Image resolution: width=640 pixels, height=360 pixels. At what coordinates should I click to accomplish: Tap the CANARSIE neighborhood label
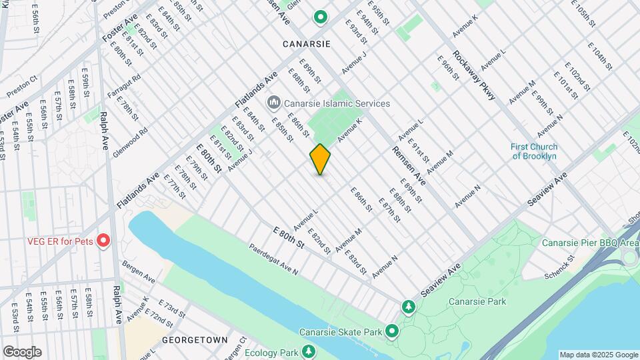(x=307, y=43)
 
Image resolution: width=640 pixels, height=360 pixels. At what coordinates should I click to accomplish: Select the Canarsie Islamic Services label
(x=337, y=103)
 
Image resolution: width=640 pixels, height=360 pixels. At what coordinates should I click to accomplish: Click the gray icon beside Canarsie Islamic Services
(x=273, y=103)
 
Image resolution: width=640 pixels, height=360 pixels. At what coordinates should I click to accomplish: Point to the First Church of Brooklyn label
(x=533, y=151)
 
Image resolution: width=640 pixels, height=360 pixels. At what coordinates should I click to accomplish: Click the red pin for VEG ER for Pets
(x=103, y=240)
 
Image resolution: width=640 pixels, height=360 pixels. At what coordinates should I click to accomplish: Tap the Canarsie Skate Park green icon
(x=391, y=331)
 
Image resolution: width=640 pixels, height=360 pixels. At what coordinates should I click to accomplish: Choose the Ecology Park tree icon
(x=308, y=351)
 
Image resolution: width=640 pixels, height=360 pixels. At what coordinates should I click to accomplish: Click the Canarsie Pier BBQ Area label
(x=590, y=243)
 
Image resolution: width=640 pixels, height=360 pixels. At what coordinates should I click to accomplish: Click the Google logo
(x=22, y=351)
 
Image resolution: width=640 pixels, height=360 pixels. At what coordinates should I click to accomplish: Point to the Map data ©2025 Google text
(x=598, y=355)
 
